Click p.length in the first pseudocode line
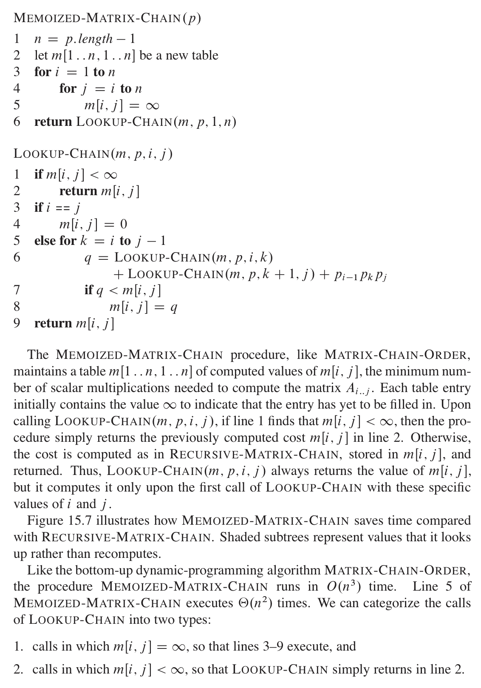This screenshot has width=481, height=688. click(89, 39)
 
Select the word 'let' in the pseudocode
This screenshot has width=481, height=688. click(40, 56)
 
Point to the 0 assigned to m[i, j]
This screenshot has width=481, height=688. click(123, 224)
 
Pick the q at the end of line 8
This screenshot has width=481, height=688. click(173, 307)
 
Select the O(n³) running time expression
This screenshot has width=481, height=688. click(344, 587)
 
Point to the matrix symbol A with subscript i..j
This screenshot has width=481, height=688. click(354, 389)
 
